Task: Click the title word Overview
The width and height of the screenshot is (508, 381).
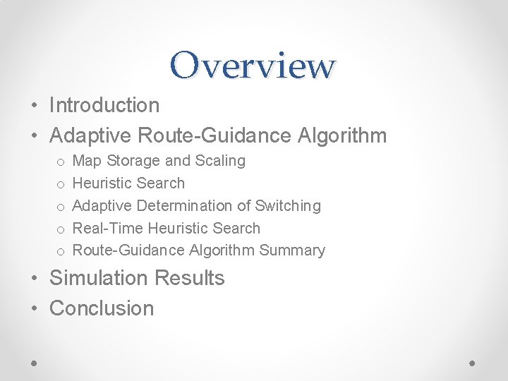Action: [x=253, y=65]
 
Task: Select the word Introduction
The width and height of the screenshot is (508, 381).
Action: [x=104, y=105]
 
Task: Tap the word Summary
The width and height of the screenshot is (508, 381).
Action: [x=292, y=250]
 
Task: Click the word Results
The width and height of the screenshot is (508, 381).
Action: [x=189, y=278]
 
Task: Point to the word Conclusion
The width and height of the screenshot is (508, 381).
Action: [x=102, y=308]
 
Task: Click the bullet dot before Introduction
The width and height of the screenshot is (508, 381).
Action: [x=34, y=107]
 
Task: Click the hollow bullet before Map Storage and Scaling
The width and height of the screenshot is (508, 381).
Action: [x=61, y=162]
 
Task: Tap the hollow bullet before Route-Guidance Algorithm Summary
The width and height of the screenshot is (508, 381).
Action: [x=61, y=252]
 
